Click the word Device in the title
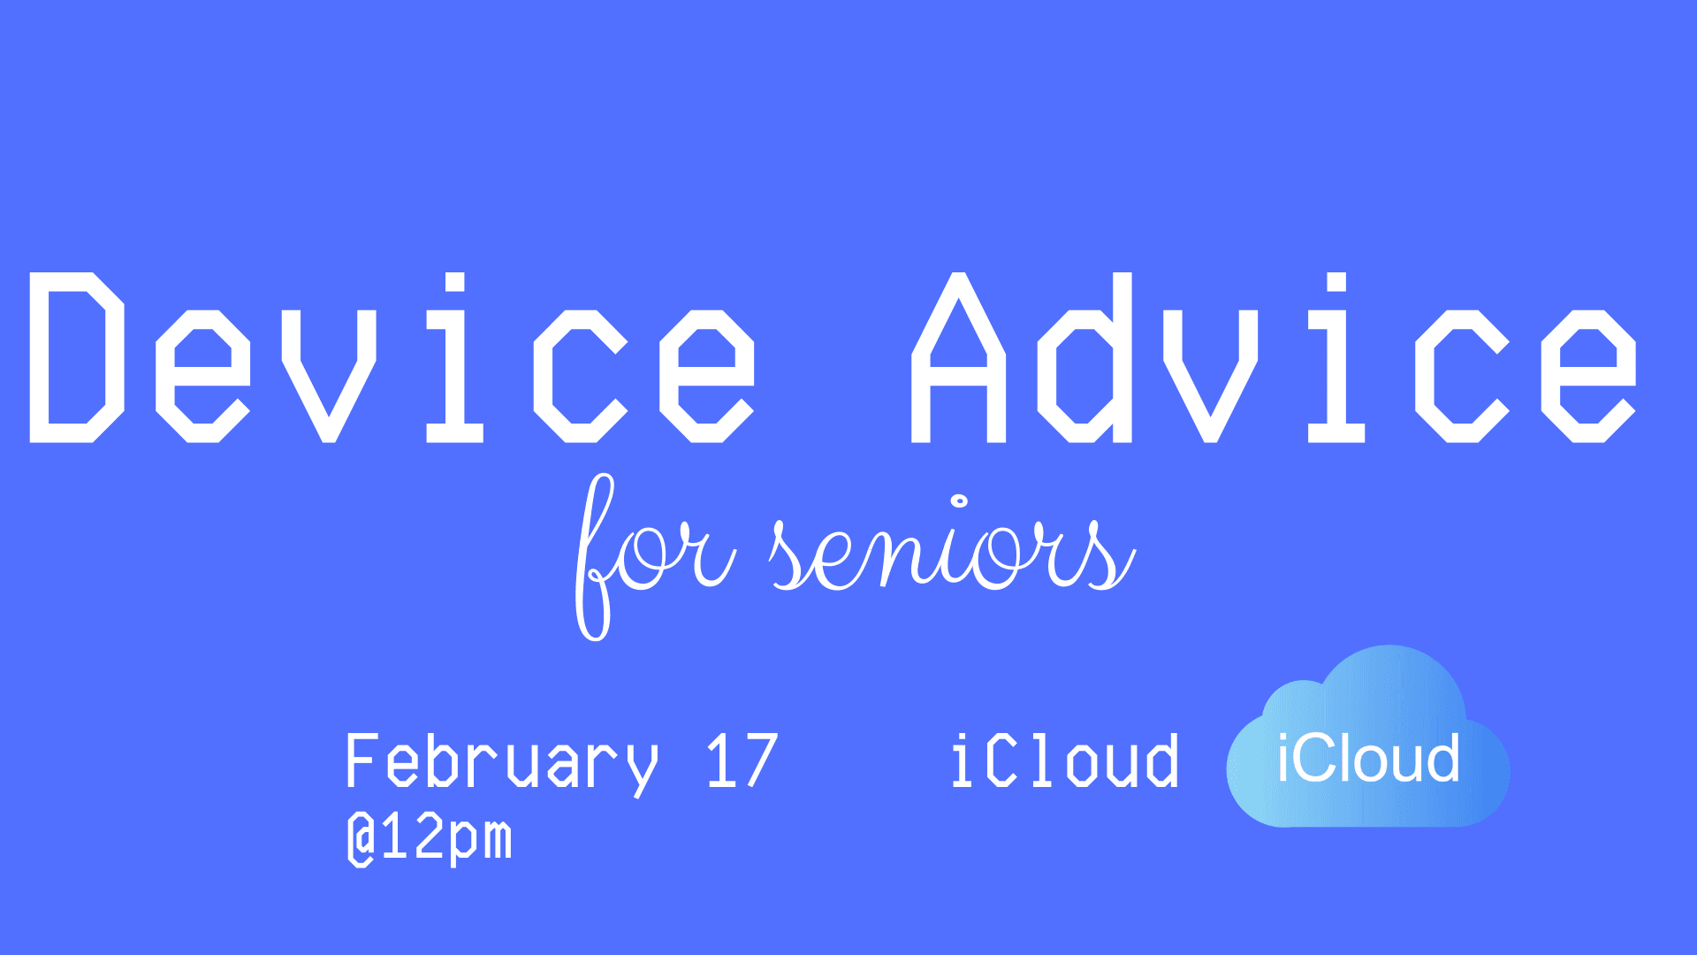pyautogui.click(x=393, y=357)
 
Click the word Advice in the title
pyautogui.click(x=1275, y=357)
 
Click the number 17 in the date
pyautogui.click(x=742, y=760)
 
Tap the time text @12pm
pyautogui.click(x=430, y=839)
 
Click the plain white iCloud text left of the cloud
pyautogui.click(x=1065, y=760)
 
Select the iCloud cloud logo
pyautogui.click(x=1368, y=737)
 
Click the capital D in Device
pyautogui.click(x=77, y=357)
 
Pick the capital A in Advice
pyautogui.click(x=958, y=357)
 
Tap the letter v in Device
pyautogui.click(x=330, y=376)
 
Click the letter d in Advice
pyautogui.click(x=1085, y=357)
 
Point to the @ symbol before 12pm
pyautogui.click(x=361, y=840)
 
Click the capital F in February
pyautogui.click(x=362, y=760)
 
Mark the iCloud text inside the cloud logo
pyautogui.click(x=1368, y=758)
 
